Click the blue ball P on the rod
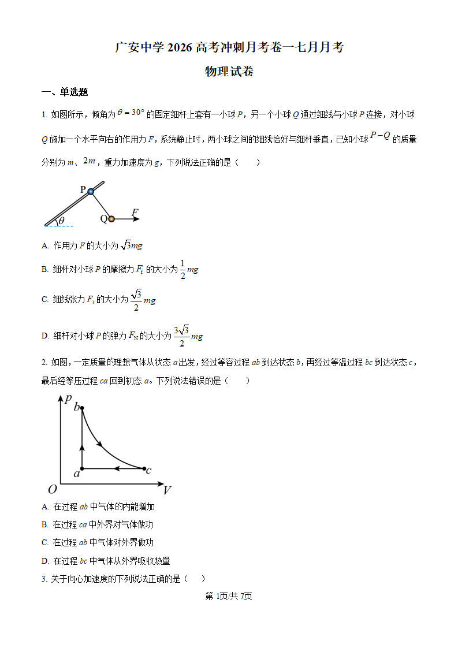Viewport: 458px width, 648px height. click(x=91, y=191)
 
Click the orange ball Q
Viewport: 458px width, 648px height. click(x=111, y=219)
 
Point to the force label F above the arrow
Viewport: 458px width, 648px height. click(x=135, y=213)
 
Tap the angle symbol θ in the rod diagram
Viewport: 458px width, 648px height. click(x=61, y=221)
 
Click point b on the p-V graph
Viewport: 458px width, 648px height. click(x=82, y=408)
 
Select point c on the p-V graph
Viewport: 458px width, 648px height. click(x=144, y=468)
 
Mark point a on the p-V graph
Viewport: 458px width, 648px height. click(x=82, y=468)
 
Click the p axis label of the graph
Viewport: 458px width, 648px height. click(x=69, y=399)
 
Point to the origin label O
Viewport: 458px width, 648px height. click(x=52, y=490)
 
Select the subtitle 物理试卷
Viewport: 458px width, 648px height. click(x=229, y=72)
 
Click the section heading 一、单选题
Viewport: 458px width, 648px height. click(x=65, y=92)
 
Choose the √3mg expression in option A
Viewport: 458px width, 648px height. click(x=132, y=245)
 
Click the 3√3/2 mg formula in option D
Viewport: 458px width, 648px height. click(x=188, y=336)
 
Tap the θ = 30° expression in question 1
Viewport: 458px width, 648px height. click(x=131, y=113)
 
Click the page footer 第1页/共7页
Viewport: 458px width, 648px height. click(x=229, y=596)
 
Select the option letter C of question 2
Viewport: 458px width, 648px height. click(x=44, y=543)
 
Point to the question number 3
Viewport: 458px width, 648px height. click(x=43, y=579)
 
